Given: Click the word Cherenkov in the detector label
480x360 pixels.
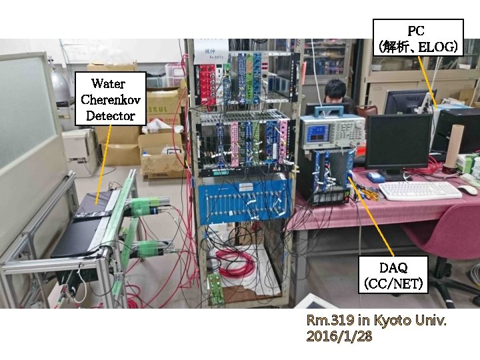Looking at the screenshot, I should coord(107,99).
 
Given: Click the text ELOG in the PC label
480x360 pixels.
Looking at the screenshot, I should coord(440,47).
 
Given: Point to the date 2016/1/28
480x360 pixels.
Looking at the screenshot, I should coord(339,337).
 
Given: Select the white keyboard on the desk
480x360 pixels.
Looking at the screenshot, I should coord(419,190).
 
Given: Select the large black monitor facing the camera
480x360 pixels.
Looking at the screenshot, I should coord(397,141).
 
